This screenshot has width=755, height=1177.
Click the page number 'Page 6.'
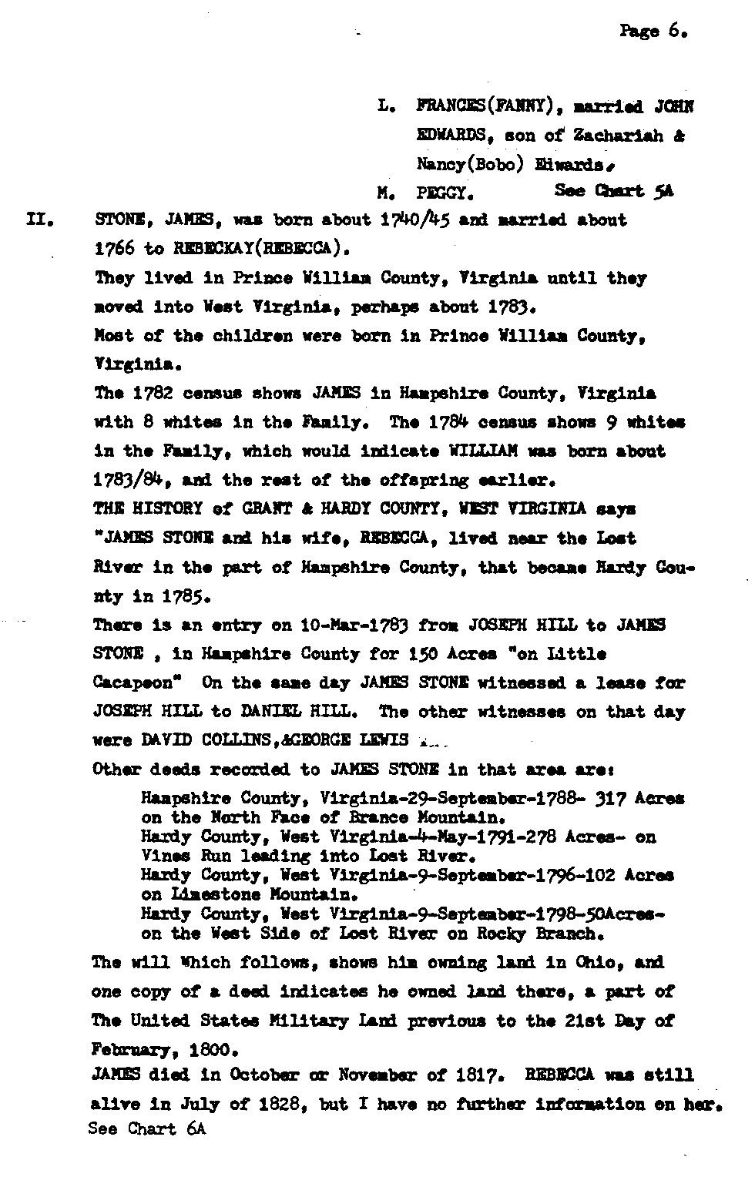pyautogui.click(x=651, y=32)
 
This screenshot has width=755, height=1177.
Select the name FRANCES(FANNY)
pyautogui.click(x=482, y=106)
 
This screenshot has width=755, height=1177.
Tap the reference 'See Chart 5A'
pyautogui.click(x=613, y=191)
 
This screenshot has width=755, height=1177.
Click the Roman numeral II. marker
pyautogui.click(x=39, y=220)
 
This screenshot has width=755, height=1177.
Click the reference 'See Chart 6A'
pyautogui.click(x=147, y=1129)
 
